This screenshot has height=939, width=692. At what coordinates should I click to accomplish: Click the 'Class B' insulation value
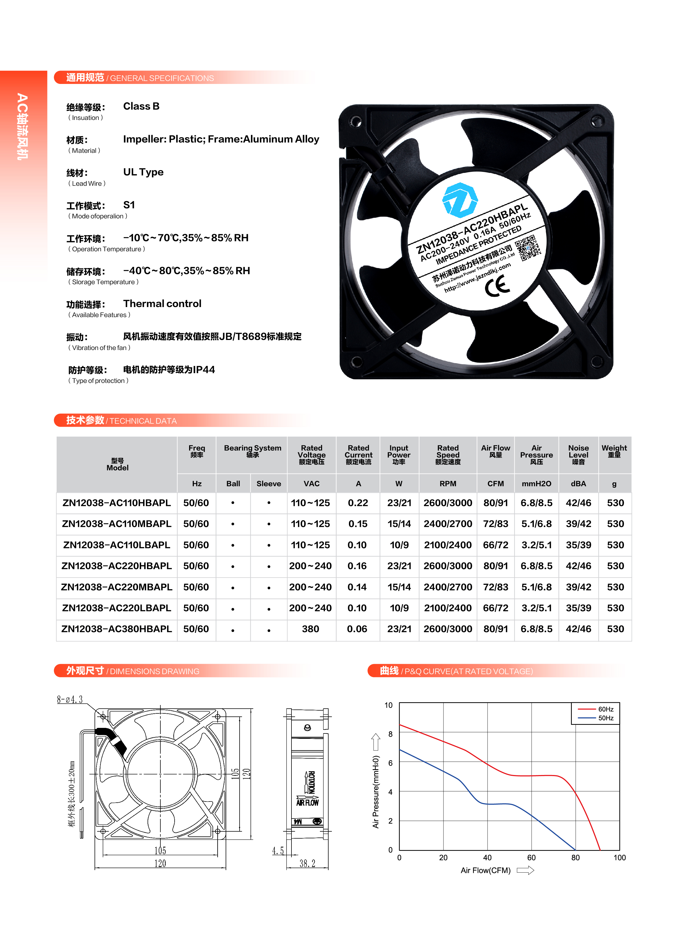pos(141,106)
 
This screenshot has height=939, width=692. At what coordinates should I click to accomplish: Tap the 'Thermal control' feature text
pos(162,304)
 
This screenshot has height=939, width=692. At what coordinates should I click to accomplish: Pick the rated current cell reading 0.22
pos(358,503)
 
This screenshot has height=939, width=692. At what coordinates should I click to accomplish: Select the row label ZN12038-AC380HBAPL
pos(117,629)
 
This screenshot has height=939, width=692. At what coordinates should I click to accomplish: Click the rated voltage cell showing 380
pos(310,629)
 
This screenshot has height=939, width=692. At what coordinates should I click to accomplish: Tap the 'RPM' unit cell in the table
pos(448,484)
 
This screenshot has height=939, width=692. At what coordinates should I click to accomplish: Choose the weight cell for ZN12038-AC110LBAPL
pos(615,545)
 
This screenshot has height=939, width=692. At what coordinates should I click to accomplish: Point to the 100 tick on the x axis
pos(619,858)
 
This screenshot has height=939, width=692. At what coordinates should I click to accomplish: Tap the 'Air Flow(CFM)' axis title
pos(486,870)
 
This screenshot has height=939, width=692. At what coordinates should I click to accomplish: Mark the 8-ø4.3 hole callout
pos(70,699)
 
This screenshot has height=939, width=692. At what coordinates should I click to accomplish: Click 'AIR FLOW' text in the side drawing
pos(307,802)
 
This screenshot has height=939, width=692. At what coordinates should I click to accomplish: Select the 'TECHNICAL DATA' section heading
pos(143,421)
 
